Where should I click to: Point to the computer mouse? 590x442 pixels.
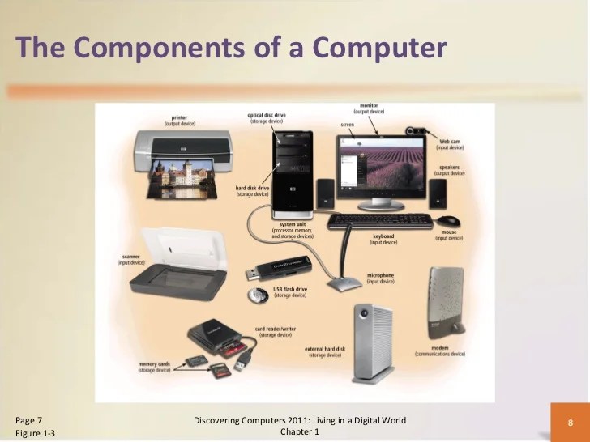point(448,221)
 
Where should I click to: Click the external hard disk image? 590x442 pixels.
point(373,343)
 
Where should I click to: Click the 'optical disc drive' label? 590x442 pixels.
point(267,116)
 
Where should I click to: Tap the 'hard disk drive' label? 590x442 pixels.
point(252,188)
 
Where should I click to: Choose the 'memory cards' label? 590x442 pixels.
point(154,364)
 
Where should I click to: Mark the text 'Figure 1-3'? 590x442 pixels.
point(36,435)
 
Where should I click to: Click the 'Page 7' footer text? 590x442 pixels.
point(29,419)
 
